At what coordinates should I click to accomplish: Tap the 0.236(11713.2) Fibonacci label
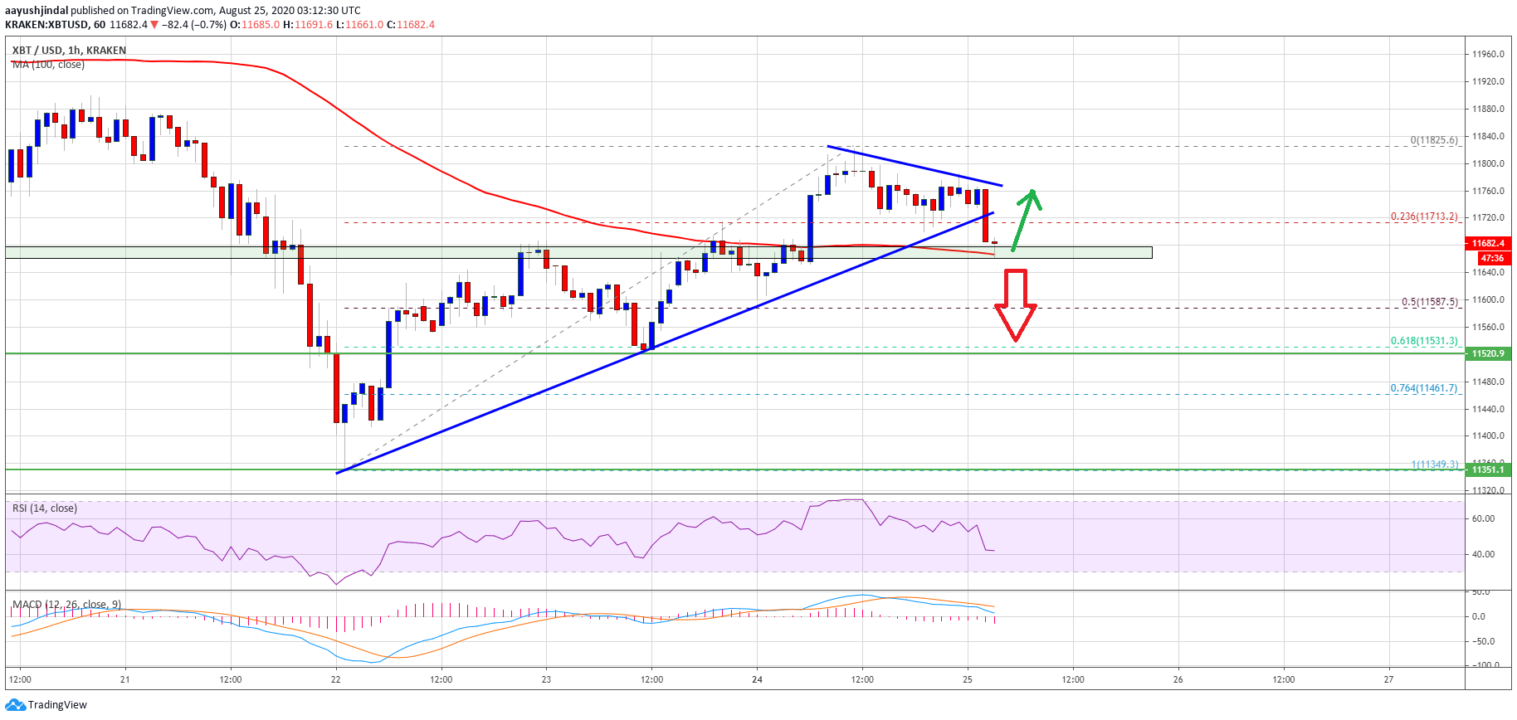point(1423,216)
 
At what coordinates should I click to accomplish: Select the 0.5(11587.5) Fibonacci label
point(1429,302)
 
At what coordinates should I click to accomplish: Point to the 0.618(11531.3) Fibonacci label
point(1423,341)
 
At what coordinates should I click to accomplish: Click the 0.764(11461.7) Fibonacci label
point(1423,388)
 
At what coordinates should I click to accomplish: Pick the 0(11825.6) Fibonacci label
point(1433,140)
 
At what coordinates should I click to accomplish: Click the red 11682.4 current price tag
point(1487,243)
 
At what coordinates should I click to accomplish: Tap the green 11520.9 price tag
point(1487,353)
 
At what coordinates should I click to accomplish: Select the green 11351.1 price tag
point(1487,469)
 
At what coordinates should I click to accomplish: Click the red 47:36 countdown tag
point(1491,258)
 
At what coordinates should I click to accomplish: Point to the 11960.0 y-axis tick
point(1487,55)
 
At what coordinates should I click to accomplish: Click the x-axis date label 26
point(1178,679)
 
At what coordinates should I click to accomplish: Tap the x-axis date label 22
point(335,679)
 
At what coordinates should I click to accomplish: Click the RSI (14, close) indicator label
point(45,508)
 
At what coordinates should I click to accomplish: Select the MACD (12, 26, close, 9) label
point(66,604)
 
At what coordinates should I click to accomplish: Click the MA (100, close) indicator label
point(48,65)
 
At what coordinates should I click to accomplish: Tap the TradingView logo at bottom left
point(46,705)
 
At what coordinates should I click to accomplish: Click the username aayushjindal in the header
point(37,11)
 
